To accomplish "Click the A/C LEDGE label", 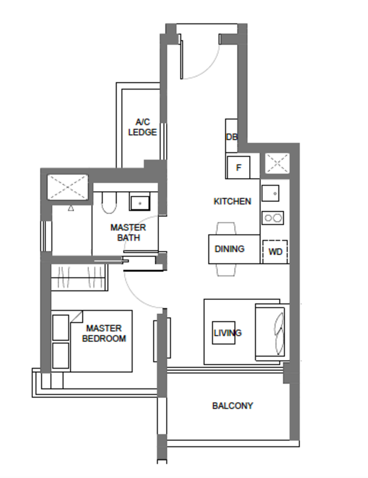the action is pos(142,127).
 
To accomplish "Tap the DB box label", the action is pos(232,137).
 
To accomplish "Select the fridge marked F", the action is pos(238,167).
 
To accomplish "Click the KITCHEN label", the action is pos(232,201).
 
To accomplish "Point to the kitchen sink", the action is pos(271,193).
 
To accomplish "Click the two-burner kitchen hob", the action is pos(273,218).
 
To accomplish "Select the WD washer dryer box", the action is pos(275,252).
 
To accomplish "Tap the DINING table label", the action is pos(229,249).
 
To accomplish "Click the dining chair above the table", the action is pos(226,228).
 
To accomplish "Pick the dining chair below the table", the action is pos(226,270).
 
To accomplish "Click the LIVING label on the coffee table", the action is pos(228,333).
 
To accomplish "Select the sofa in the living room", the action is pos(271,332).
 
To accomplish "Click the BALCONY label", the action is pos(232,406).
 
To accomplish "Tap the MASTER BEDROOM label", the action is pos(104,333).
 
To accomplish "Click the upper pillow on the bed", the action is pos(61,327).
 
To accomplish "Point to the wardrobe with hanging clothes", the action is pos(79,277).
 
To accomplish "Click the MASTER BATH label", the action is pos(128,232).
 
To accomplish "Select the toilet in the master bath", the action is pos(109,203).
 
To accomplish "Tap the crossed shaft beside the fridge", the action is pos(277,163).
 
